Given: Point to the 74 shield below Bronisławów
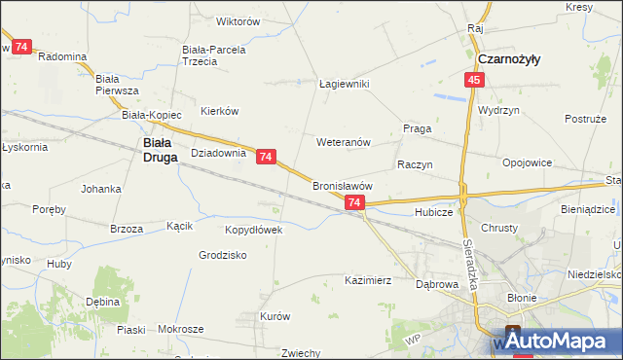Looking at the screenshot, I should click(354, 202).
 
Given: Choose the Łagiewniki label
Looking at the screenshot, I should click(345, 85).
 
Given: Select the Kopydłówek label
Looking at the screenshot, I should click(253, 231).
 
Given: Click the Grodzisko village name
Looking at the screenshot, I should click(223, 255).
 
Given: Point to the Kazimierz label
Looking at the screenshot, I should click(368, 280).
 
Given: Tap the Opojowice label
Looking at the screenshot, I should click(527, 162).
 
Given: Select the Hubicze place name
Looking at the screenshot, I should click(434, 211).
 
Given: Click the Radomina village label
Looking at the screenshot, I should click(62, 56).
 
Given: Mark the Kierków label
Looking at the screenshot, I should click(219, 111).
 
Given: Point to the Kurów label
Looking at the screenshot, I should click(275, 316).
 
